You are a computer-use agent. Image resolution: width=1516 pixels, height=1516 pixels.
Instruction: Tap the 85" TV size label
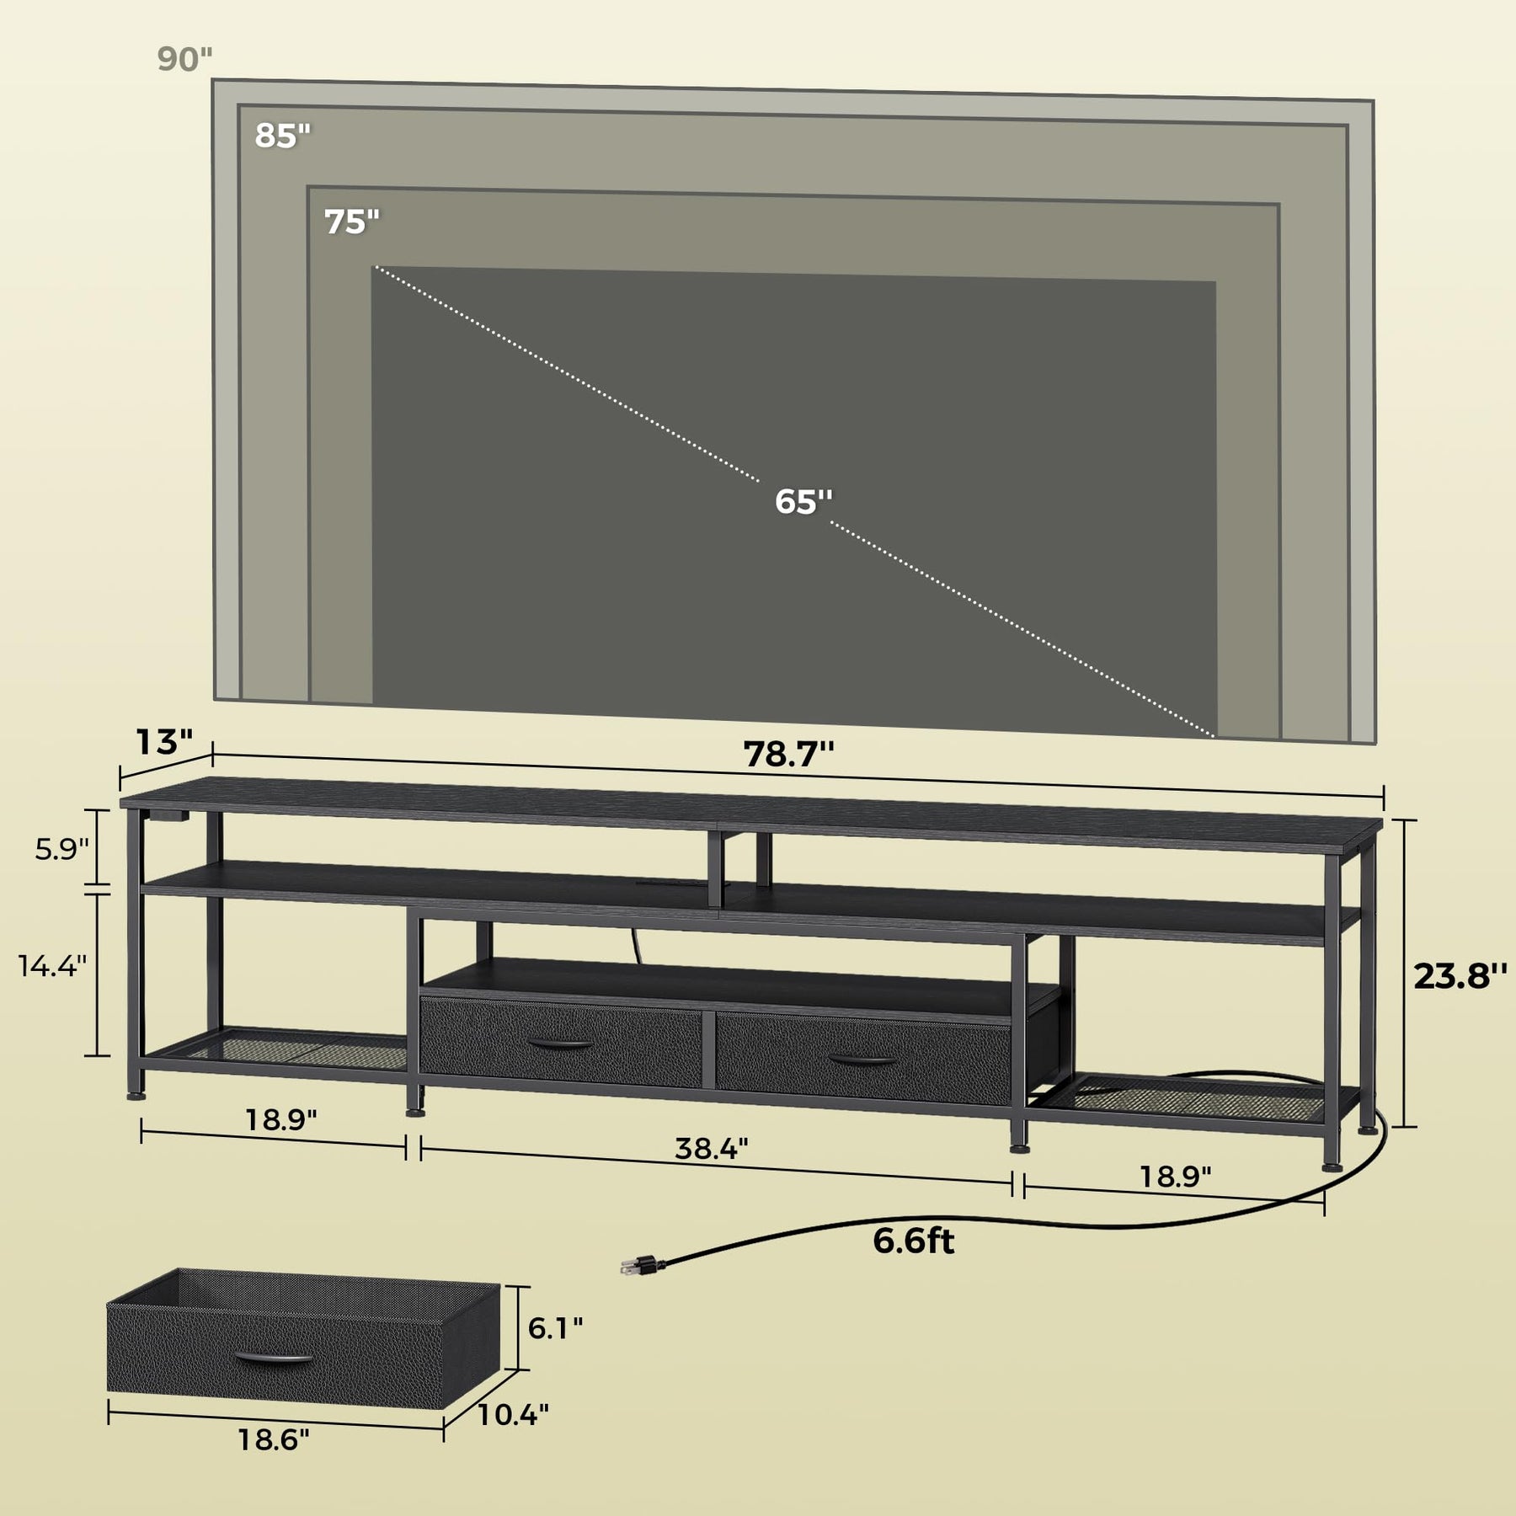pyautogui.click(x=283, y=136)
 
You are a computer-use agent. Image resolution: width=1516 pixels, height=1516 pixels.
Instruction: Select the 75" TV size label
pyautogui.click(x=352, y=222)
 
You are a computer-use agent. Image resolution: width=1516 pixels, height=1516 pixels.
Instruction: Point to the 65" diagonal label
pyautogui.click(x=803, y=501)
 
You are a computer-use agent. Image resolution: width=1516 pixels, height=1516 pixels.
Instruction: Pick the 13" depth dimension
pyautogui.click(x=165, y=742)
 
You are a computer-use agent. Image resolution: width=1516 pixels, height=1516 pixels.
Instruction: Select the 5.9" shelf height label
pyautogui.click(x=61, y=849)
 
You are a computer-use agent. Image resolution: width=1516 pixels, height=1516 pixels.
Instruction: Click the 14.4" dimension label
pyautogui.click(x=52, y=965)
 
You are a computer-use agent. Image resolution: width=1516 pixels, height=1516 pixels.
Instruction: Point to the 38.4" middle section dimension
pyautogui.click(x=712, y=1148)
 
